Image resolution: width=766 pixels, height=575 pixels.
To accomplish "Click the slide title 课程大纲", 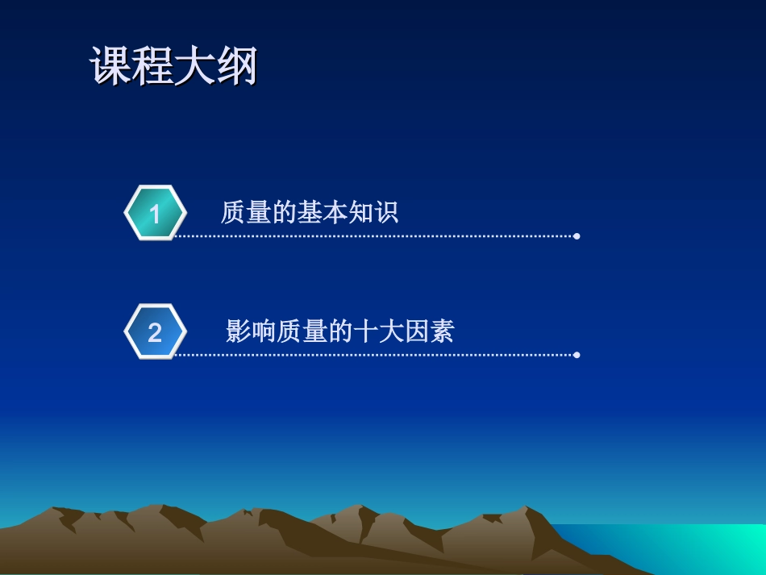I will (173, 66).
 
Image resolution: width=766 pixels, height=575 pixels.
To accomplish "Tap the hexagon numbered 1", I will (155, 213).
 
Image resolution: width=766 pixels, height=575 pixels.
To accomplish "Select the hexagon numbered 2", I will (155, 331).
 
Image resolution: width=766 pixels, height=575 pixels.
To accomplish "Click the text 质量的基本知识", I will (310, 213).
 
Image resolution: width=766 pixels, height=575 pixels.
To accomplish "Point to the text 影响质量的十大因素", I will (340, 331).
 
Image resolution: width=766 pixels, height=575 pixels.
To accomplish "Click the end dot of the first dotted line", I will (577, 236).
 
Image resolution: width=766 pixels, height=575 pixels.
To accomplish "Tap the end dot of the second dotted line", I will (577, 355).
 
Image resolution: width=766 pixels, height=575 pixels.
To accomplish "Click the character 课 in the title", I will (110, 66).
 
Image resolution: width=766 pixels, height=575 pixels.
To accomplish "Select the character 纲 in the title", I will (236, 66).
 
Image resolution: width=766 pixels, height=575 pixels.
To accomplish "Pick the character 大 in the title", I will (194, 66).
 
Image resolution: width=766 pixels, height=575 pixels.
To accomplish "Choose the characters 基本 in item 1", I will (323, 213).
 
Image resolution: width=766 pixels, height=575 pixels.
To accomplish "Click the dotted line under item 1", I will (371, 236).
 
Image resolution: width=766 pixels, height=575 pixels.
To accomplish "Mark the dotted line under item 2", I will (371, 355).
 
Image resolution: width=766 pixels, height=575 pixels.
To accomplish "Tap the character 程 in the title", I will (152, 66).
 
